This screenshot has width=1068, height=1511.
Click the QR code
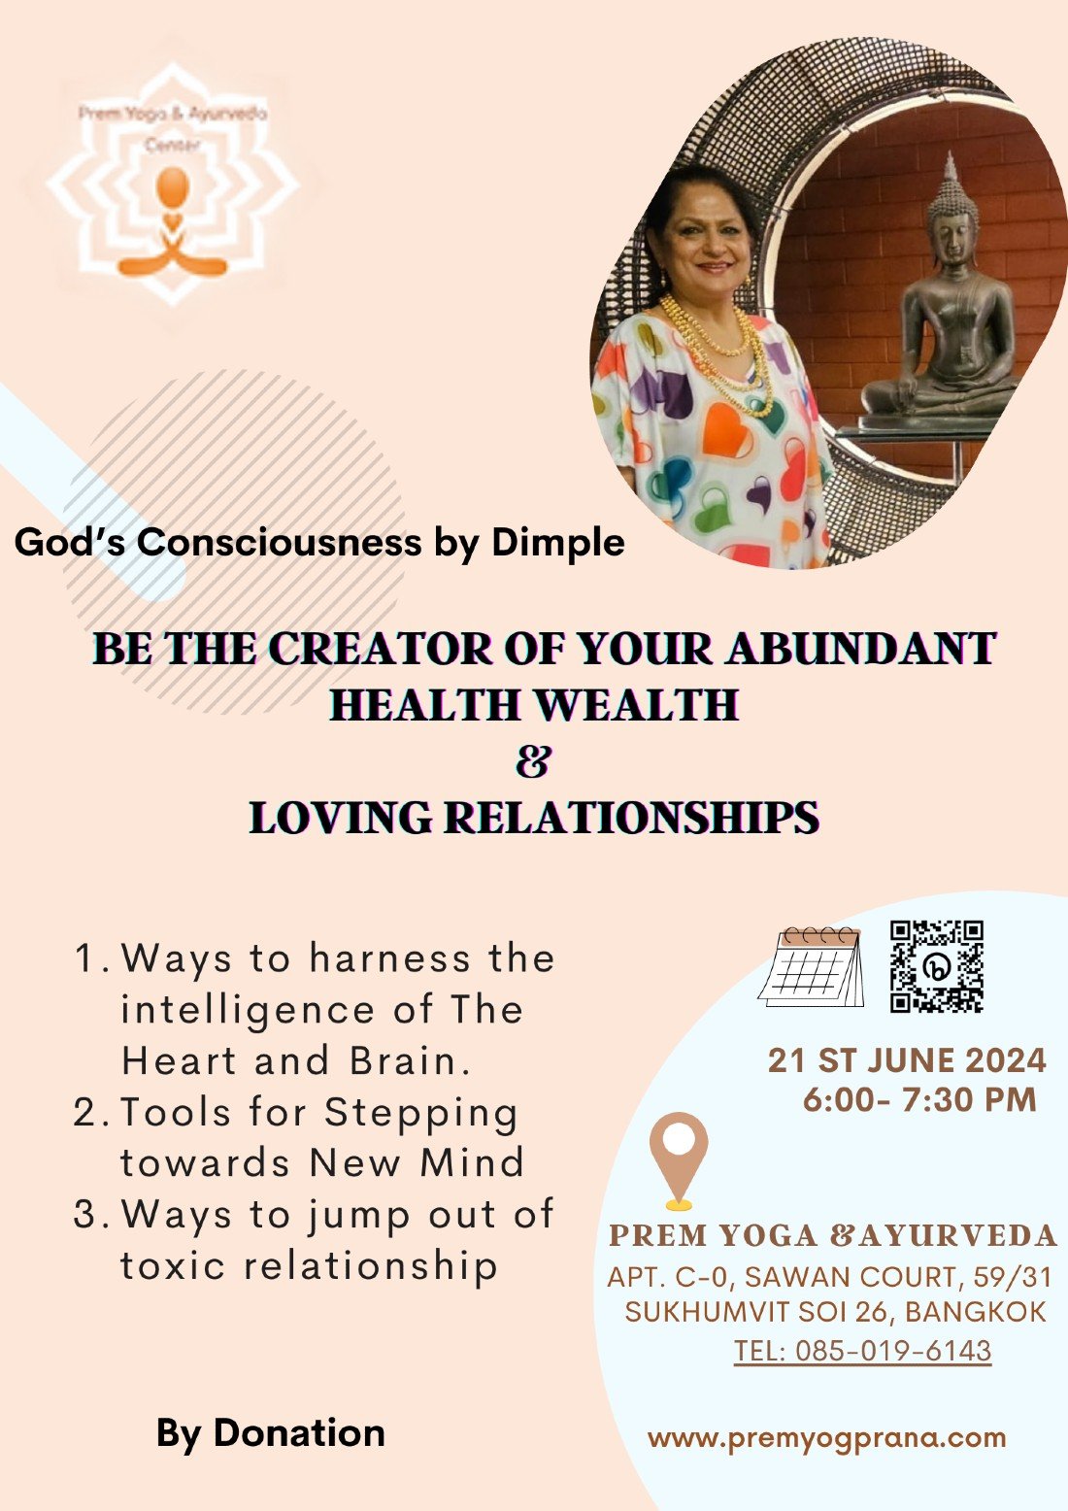click(937, 966)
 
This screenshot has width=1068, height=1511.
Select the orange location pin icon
click(679, 1159)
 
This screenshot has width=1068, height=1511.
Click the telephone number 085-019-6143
click(892, 1351)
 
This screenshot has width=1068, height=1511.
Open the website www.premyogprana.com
click(826, 1438)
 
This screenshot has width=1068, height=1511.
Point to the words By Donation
click(270, 1433)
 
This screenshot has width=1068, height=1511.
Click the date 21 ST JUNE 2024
click(907, 1059)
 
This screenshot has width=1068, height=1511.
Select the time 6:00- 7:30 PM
click(919, 1099)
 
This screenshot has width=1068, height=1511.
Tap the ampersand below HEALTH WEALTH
click(533, 761)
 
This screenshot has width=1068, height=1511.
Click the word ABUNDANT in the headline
click(861, 649)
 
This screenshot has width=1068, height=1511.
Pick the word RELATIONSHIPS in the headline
click(632, 817)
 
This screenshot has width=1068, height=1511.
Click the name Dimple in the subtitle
click(558, 542)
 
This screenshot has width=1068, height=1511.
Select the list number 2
click(86, 1112)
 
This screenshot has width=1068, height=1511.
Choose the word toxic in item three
click(173, 1265)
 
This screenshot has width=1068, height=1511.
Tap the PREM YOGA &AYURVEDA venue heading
click(832, 1236)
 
